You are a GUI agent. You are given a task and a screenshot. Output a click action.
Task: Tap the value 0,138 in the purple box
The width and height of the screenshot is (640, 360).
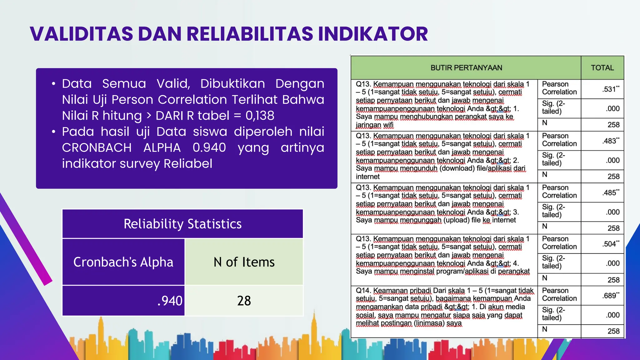coord(260,116)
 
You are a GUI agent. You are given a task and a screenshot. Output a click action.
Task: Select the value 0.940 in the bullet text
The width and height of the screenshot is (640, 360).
coord(209,147)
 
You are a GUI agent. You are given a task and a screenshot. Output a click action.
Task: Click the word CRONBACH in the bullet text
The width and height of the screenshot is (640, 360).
coord(97,147)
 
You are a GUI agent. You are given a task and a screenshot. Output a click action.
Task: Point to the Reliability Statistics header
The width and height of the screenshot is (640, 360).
coord(182,224)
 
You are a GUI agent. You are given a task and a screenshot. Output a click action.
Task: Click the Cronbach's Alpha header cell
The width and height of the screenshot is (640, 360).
coord(123,262)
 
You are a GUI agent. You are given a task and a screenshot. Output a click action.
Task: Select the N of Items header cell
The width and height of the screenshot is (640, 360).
coord(244,262)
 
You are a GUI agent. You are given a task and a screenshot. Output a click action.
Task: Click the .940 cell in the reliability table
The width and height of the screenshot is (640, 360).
coord(170,301)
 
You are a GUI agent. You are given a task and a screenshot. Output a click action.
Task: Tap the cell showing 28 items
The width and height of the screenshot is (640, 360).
coord(244,301)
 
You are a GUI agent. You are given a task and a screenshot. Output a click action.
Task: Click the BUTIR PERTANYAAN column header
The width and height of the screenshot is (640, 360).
coord(466,68)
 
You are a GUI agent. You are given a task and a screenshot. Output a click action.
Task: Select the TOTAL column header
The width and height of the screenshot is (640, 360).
coord(602,68)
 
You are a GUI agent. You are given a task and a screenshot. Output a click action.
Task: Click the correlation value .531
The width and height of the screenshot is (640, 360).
coord(610,89)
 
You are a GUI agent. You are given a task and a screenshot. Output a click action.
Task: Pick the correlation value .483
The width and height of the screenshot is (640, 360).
coord(610,141)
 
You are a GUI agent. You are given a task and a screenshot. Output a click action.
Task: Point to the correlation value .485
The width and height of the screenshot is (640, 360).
coord(610,193)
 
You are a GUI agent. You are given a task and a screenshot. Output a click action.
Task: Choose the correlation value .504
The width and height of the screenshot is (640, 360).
coord(610,244)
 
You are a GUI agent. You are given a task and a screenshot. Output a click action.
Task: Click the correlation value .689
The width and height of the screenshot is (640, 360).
coord(610,296)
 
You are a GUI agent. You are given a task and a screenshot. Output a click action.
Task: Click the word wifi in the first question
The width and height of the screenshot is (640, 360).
coord(388,125)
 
